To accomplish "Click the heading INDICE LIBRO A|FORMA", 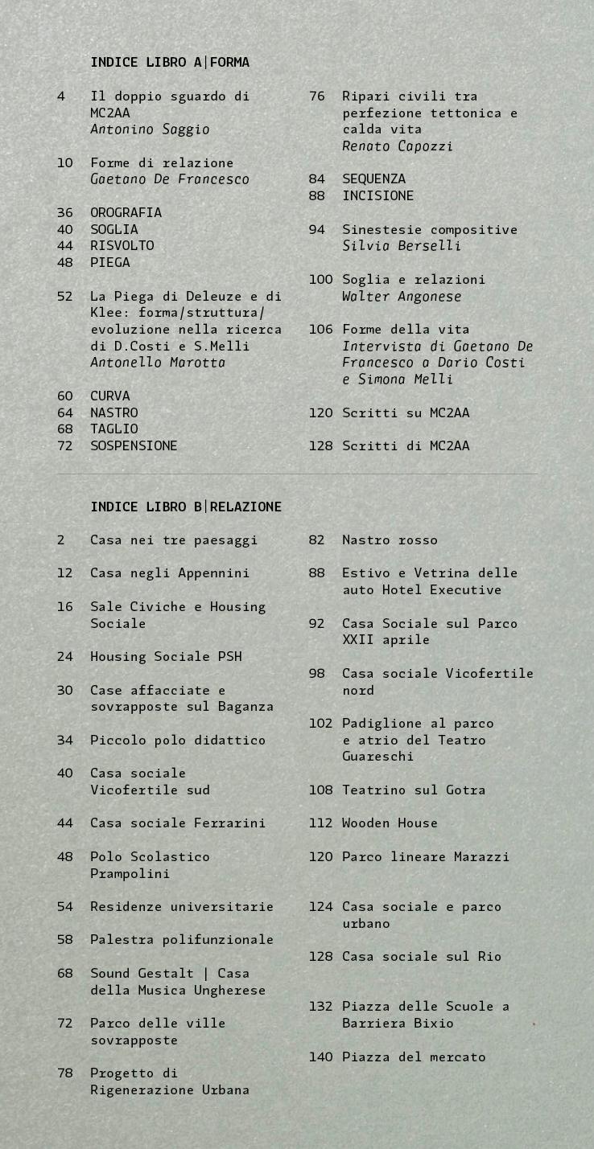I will pos(170,62).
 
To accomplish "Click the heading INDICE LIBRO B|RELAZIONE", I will pos(186,507).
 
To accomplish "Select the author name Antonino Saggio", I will pos(150,129).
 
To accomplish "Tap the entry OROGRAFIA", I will pos(126,212).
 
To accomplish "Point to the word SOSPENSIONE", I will pos(134,445).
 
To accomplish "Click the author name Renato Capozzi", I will pos(398,146).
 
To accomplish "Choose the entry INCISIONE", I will pos(377,195).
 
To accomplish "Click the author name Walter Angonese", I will pos(402,296).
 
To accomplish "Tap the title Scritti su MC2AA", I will pos(406,412).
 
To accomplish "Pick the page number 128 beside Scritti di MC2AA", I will pos(320,445).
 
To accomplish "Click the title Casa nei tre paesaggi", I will pos(174,540).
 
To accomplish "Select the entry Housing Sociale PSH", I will pos(166,656).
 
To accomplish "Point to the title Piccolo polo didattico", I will pos(178,740).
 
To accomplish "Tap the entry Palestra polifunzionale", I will pos(182,939).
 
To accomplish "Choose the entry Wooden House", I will pos(390,823).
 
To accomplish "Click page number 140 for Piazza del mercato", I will pos(320,1057).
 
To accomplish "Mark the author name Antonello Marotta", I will pos(158,363).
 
